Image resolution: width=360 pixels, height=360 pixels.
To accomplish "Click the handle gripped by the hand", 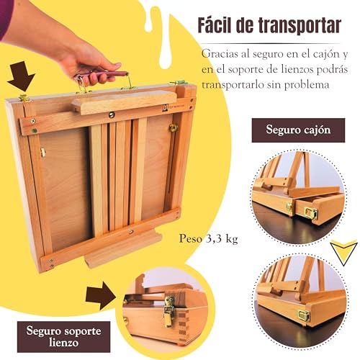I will [x=108, y=72].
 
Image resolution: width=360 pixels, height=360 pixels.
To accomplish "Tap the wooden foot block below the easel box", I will [x=123, y=253].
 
